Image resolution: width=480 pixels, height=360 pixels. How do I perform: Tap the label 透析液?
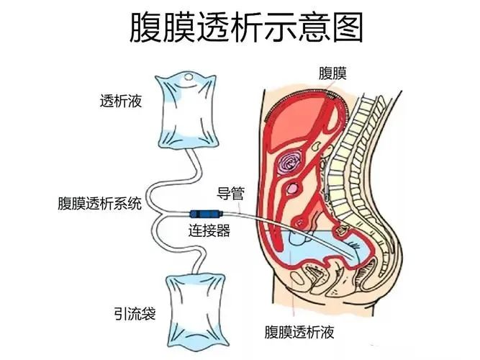click(120, 101)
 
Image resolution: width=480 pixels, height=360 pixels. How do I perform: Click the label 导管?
click(230, 192)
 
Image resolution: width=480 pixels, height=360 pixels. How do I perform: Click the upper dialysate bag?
click(185, 115)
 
